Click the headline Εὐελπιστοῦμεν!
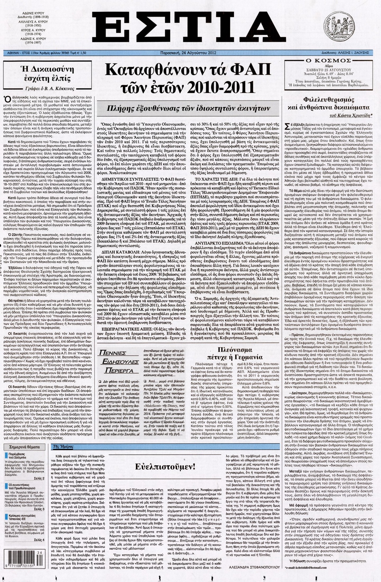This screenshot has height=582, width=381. point(169,466)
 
